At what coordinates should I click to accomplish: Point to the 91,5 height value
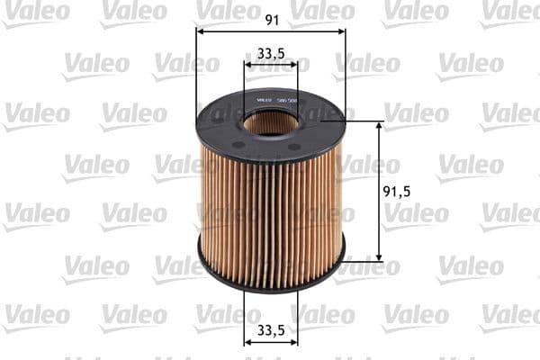[x=397, y=192]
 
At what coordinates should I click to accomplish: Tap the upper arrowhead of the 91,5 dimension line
[x=378, y=125]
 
